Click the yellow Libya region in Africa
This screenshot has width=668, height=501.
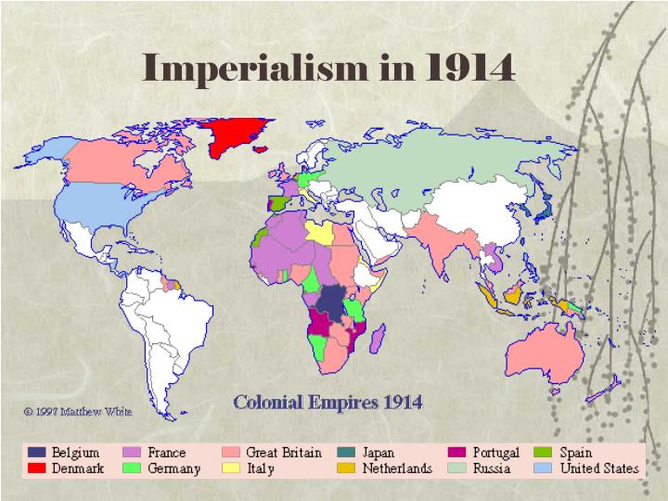321,231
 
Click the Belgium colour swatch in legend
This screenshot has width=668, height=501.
37,453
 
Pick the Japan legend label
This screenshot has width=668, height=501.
379,453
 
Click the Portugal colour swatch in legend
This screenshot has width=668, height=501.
457,453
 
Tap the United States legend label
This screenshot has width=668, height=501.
599,469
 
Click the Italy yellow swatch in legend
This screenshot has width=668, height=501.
231,469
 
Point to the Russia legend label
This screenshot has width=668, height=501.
493,469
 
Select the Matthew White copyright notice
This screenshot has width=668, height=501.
78,410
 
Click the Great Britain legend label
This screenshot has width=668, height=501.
284,453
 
